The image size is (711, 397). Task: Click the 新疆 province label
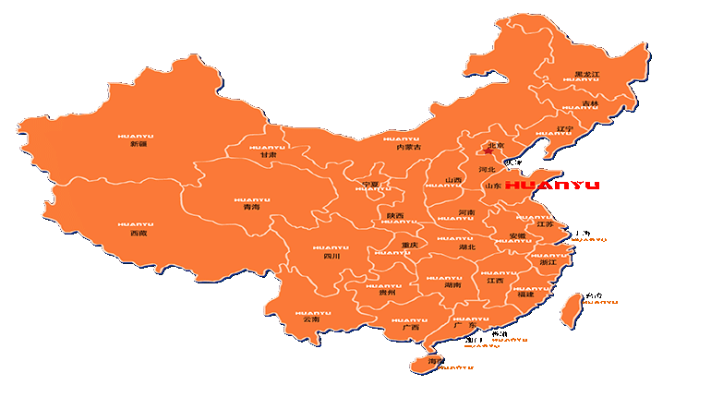coord(138,144)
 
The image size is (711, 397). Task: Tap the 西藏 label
coord(138,234)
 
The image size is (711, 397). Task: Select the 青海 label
coord(251,208)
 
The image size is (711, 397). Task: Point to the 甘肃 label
coord(268,155)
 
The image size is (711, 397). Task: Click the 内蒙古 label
coord(408,147)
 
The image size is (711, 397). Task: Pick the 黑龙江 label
coord(587,75)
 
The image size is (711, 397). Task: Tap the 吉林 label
coord(590,103)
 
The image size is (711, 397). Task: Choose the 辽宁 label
coord(565,128)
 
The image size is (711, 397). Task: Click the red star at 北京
coord(488,150)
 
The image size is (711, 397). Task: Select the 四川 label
coord(331,256)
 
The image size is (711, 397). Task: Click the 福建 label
coord(525,295)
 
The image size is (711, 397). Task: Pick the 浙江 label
coord(548,262)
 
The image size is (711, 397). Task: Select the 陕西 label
coord(395,215)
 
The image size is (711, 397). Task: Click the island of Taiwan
coord(570,310)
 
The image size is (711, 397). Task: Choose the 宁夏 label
coord(370,184)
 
